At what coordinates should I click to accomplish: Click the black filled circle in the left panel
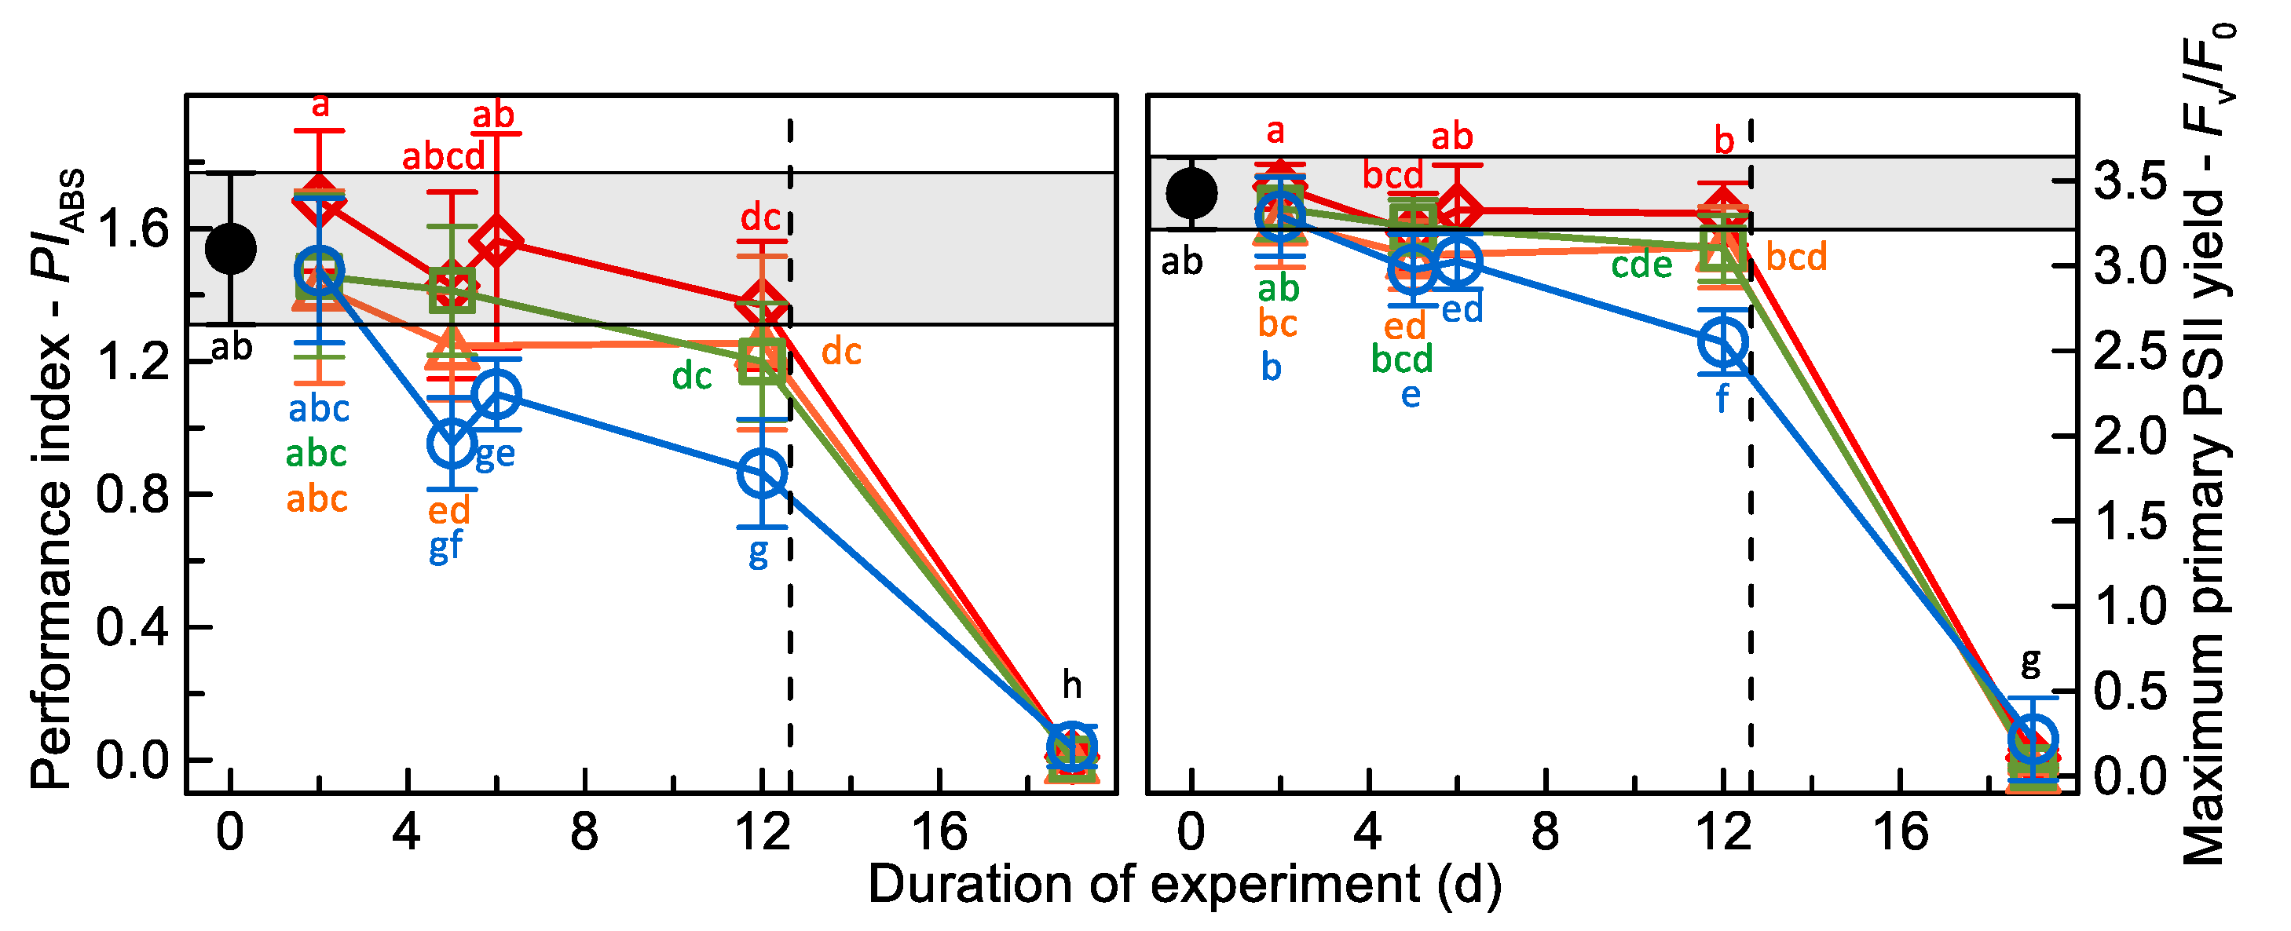[231, 248]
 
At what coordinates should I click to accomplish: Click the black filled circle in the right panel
[1191, 193]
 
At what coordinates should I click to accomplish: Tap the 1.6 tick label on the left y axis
[133, 229]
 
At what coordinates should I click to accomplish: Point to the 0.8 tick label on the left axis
[133, 495]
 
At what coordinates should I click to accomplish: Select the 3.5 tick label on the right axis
[2130, 182]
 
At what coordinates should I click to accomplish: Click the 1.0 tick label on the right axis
[2130, 608]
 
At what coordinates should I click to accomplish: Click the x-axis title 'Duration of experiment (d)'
[1184, 885]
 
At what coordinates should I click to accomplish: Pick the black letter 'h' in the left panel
[1072, 685]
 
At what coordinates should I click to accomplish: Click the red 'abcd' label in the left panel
[444, 157]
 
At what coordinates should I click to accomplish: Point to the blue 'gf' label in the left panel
[445, 546]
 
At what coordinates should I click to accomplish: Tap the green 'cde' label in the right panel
[1641, 265]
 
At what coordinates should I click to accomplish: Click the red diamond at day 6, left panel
[496, 242]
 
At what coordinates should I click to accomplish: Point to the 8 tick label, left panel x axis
[584, 833]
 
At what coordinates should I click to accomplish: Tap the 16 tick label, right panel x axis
[1901, 833]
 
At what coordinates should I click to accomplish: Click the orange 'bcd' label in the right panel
[1795, 258]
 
